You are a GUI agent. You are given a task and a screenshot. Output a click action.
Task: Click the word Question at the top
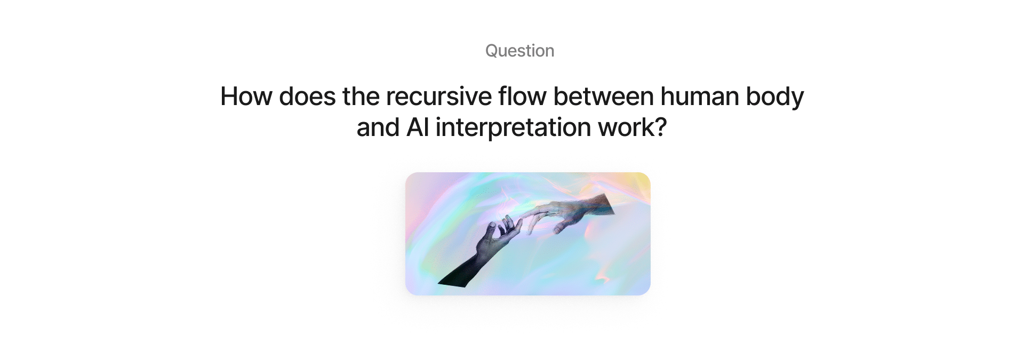(519, 51)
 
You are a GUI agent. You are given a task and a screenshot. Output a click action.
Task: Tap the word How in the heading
(246, 97)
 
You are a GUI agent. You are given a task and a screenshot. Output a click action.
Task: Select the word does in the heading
(307, 97)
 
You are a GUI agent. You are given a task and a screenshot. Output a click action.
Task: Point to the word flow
(523, 97)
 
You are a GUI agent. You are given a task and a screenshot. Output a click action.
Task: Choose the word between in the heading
(604, 97)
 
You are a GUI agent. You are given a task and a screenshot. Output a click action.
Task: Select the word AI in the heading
(418, 127)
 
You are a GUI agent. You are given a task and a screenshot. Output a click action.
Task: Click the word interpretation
(513, 129)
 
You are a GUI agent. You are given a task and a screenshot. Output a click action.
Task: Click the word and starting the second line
(378, 127)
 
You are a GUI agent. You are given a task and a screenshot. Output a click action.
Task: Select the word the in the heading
(361, 97)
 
